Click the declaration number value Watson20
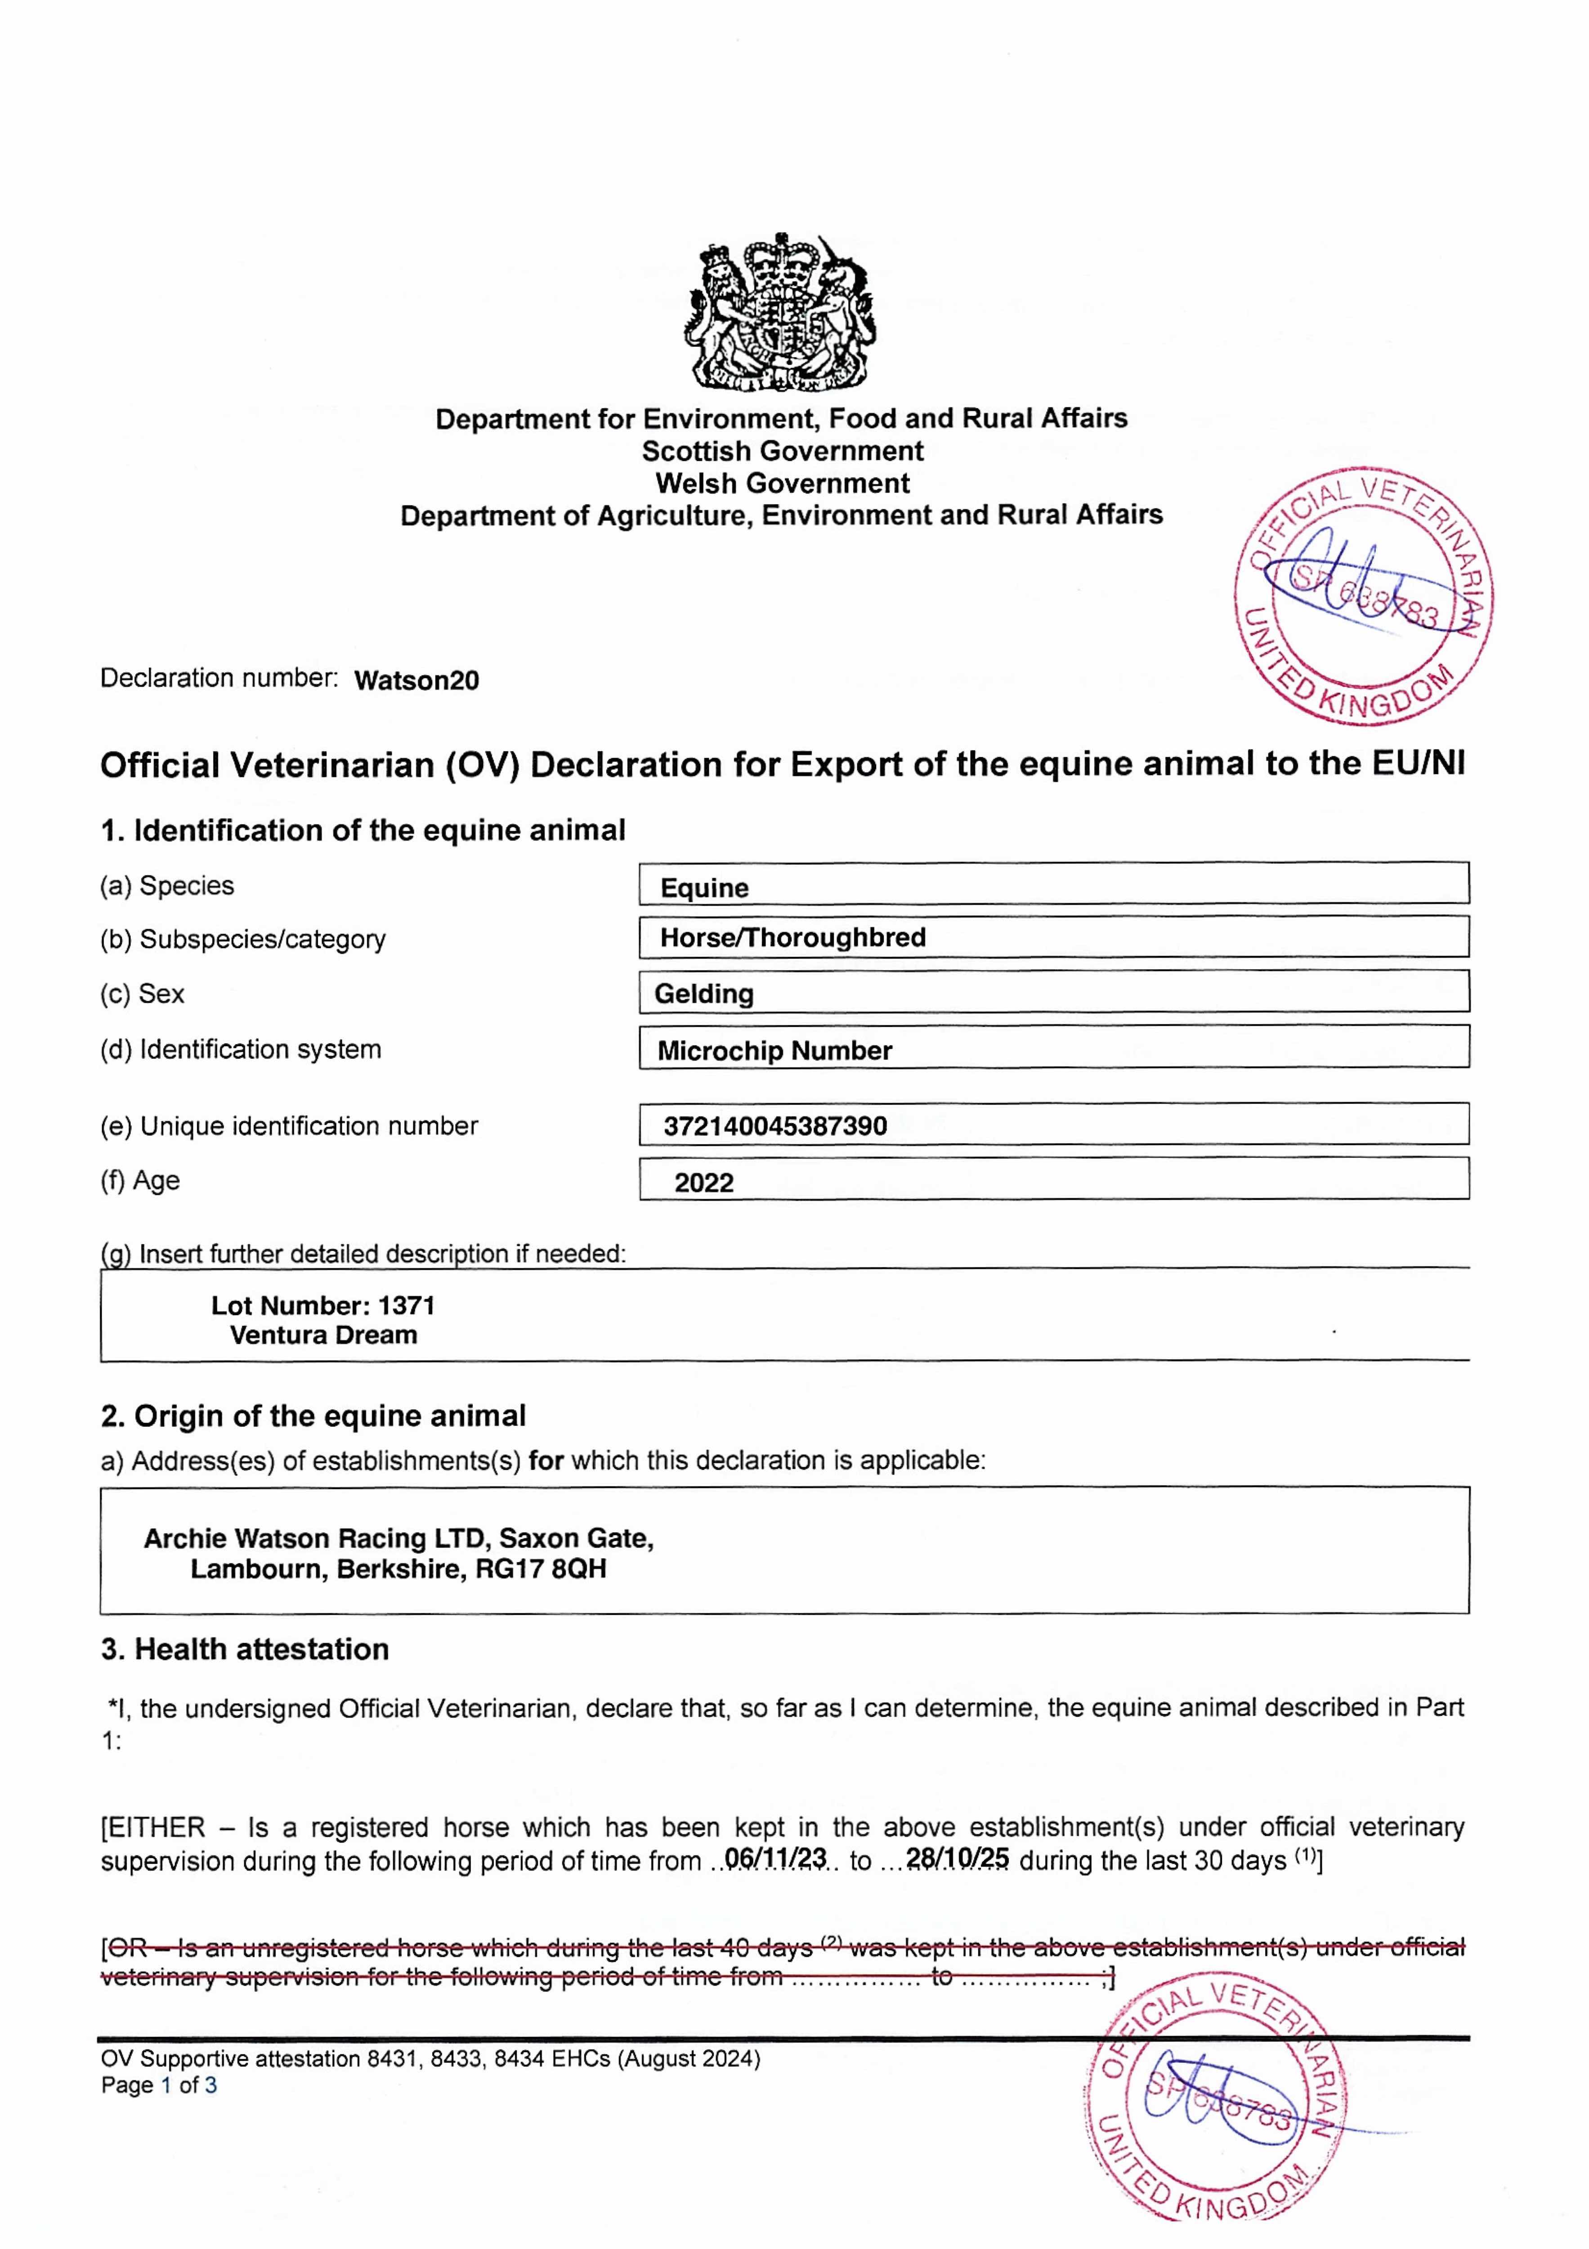point(416,681)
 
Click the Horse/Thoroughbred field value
point(792,937)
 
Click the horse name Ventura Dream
point(323,1335)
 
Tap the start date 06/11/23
point(775,1858)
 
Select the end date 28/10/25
point(957,1858)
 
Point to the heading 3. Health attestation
point(245,1649)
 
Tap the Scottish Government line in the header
point(782,452)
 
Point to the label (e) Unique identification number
point(289,1126)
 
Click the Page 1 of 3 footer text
point(159,2085)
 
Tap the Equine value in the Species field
point(704,887)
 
